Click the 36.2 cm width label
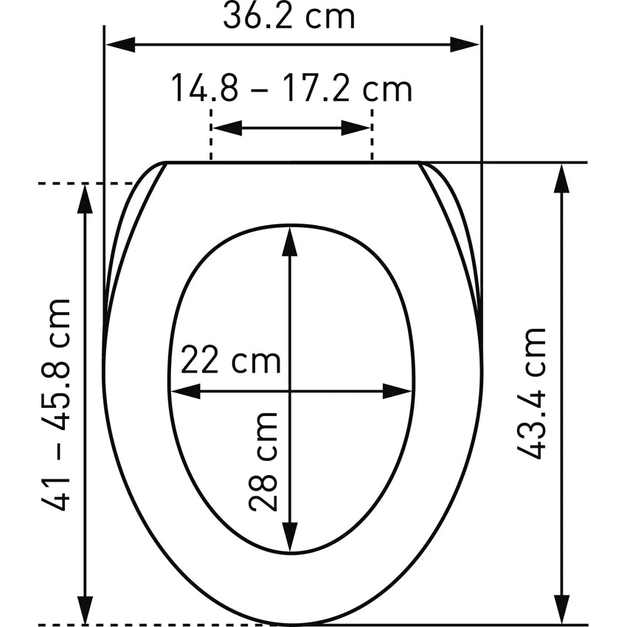(288, 17)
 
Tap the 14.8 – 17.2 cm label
(291, 89)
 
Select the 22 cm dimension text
(231, 360)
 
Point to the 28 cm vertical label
(263, 462)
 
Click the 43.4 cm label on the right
(531, 393)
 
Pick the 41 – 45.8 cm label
(55, 404)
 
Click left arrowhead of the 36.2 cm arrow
(120, 44)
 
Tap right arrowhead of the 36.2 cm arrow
(465, 44)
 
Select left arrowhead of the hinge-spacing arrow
(227, 128)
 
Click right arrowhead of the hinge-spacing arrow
(356, 128)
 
